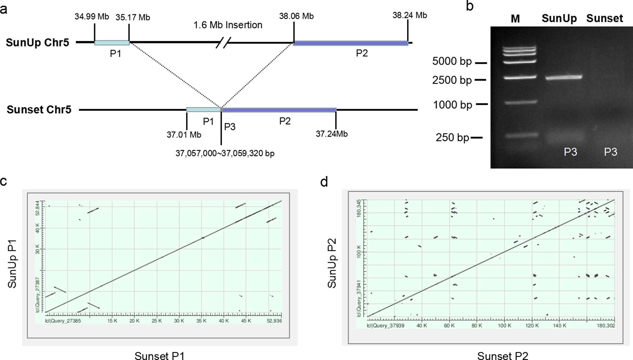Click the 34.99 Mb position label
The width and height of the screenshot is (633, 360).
click(92, 17)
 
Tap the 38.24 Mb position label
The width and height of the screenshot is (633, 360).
click(409, 15)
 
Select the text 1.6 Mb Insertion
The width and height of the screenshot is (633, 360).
click(228, 25)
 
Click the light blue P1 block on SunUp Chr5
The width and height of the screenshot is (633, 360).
click(112, 43)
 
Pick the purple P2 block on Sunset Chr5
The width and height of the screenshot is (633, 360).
click(279, 110)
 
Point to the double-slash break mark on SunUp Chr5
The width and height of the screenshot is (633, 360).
click(224, 43)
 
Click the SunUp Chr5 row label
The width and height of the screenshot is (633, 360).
click(37, 43)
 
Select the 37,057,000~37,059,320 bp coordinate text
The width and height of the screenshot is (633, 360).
click(225, 154)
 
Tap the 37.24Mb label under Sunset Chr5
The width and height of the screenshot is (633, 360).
click(331, 134)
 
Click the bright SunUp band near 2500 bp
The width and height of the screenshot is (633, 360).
click(563, 77)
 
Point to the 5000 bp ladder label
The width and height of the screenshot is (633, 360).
click(452, 61)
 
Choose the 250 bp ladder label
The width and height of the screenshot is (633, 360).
click(452, 138)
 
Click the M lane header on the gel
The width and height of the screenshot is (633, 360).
click(515, 19)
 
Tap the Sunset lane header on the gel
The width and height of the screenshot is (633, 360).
click(604, 19)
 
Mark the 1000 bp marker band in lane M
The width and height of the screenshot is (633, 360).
click(520, 102)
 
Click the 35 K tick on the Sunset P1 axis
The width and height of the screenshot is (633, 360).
click(201, 321)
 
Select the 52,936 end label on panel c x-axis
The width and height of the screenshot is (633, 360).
click(274, 321)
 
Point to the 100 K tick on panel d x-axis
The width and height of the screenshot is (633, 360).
click(504, 326)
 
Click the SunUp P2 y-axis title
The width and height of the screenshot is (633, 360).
click(332, 263)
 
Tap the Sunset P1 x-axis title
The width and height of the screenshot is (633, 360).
click(159, 355)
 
